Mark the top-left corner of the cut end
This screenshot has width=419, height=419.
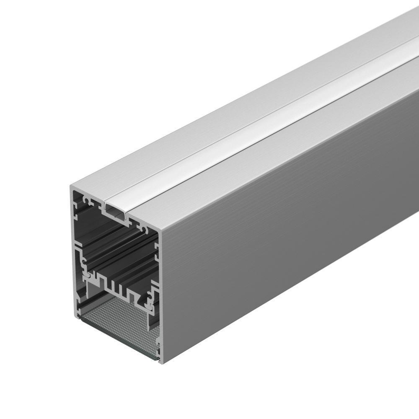pyautogui.click(x=70, y=185)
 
